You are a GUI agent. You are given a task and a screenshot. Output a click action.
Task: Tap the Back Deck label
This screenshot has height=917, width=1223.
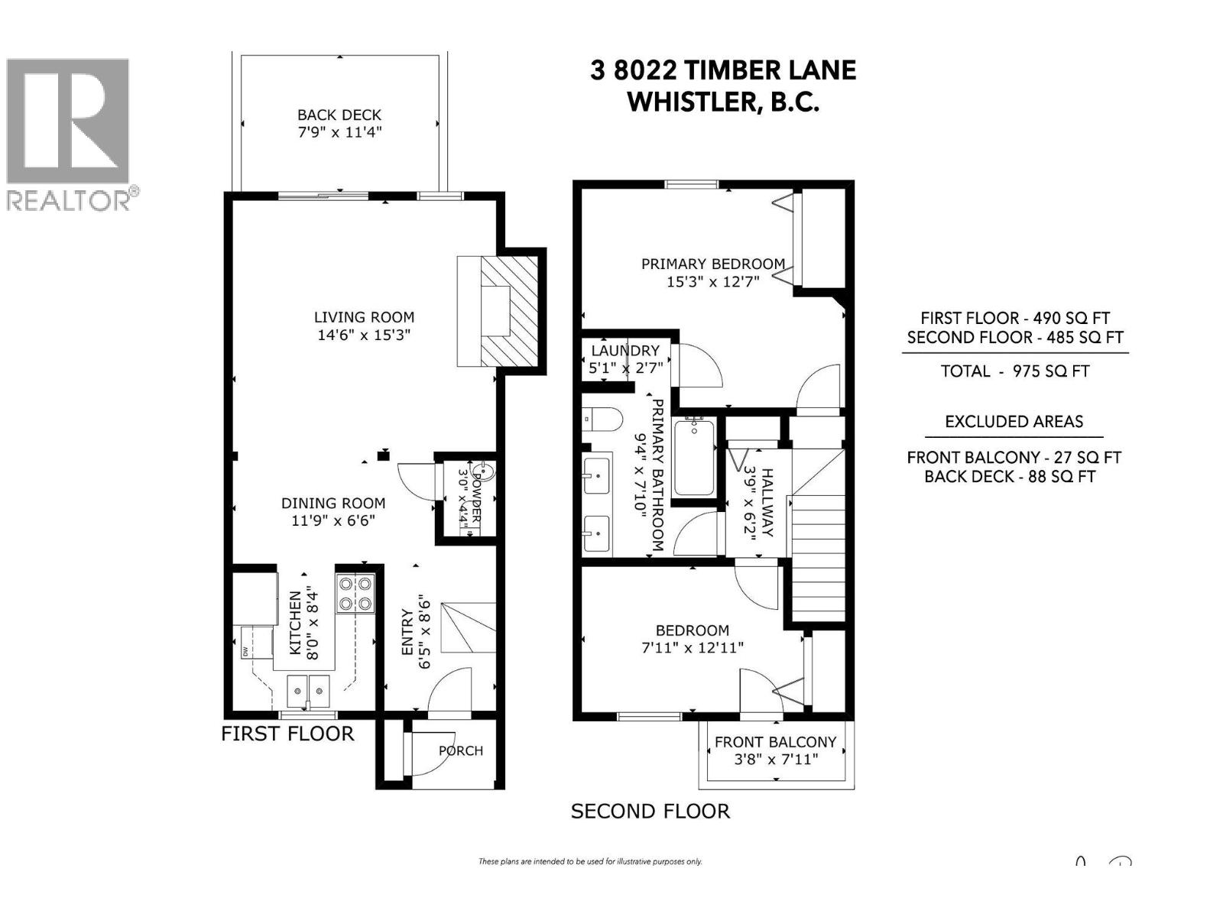click(x=339, y=115)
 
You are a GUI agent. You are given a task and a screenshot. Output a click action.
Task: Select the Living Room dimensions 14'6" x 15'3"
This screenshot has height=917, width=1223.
click(x=365, y=335)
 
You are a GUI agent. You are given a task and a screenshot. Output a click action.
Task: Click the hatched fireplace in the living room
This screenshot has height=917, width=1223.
click(x=508, y=310)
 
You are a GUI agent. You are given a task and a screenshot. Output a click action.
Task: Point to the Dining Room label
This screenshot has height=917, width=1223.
click(x=333, y=503)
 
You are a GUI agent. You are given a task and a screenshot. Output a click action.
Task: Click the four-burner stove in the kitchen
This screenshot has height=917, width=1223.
click(x=355, y=594)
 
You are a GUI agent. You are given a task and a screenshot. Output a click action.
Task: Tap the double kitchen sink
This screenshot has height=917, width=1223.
click(x=309, y=692)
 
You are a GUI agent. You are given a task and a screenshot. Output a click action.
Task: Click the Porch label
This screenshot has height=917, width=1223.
click(x=461, y=750)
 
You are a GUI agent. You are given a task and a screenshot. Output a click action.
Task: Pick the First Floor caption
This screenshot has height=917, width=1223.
click(x=287, y=734)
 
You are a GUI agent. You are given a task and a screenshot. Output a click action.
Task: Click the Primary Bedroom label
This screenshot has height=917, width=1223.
click(x=712, y=264)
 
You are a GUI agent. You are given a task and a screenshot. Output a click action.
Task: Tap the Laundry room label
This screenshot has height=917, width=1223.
click(x=625, y=350)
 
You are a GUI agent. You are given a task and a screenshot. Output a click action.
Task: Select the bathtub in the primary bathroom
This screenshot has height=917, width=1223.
click(x=694, y=458)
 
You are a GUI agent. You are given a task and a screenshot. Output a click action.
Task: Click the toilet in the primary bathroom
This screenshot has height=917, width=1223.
click(x=604, y=420)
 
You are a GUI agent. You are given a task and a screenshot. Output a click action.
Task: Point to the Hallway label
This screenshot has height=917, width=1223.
click(x=767, y=502)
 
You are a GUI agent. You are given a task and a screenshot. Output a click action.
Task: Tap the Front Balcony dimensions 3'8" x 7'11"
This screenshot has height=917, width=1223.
click(x=776, y=760)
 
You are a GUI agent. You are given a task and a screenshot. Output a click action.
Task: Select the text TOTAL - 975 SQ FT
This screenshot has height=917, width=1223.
click(x=1014, y=371)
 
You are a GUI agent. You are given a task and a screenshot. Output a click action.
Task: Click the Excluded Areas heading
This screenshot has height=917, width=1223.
click(x=1014, y=422)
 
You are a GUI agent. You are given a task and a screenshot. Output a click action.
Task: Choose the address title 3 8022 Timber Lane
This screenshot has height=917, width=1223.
click(x=723, y=70)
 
